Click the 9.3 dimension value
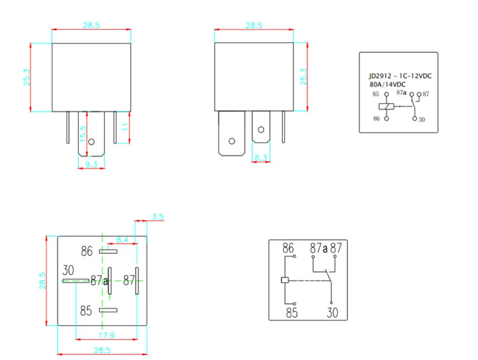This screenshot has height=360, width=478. (91, 164)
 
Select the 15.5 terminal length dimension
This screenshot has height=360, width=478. (83, 133)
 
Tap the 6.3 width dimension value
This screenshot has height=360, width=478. (261, 158)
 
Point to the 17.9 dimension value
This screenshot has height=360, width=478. (106, 335)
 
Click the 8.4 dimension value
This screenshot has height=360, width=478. (122, 240)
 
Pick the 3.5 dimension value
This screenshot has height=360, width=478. (158, 217)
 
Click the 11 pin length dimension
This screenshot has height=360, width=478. (125, 127)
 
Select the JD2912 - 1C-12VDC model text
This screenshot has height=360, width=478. (400, 76)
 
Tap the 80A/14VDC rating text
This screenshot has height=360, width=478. (388, 84)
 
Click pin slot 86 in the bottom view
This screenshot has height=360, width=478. (108, 251)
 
